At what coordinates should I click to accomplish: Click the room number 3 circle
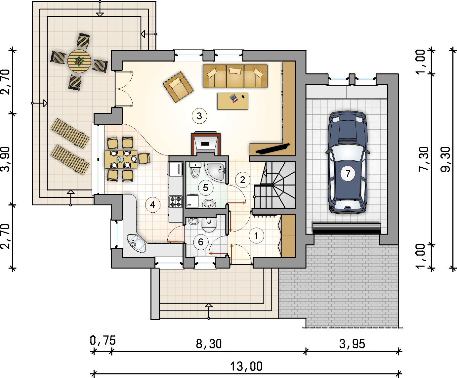199,116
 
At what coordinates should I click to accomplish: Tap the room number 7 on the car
348,174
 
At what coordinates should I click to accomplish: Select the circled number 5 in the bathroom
206,188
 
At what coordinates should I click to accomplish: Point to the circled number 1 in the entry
256,236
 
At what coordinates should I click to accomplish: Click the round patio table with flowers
79,61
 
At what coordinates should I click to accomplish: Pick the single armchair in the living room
178,87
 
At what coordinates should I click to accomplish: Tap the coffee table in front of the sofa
233,101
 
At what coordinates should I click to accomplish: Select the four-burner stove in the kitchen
175,202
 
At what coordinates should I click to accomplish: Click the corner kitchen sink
136,243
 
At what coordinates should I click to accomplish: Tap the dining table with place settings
121,159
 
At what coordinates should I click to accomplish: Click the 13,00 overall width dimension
246,366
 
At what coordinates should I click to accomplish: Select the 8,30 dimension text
209,344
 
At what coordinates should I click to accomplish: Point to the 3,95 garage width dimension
352,344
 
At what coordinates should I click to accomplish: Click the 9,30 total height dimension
445,159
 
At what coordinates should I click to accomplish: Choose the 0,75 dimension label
103,340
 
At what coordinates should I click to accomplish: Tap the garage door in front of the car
347,229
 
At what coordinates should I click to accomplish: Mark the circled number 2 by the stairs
242,180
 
